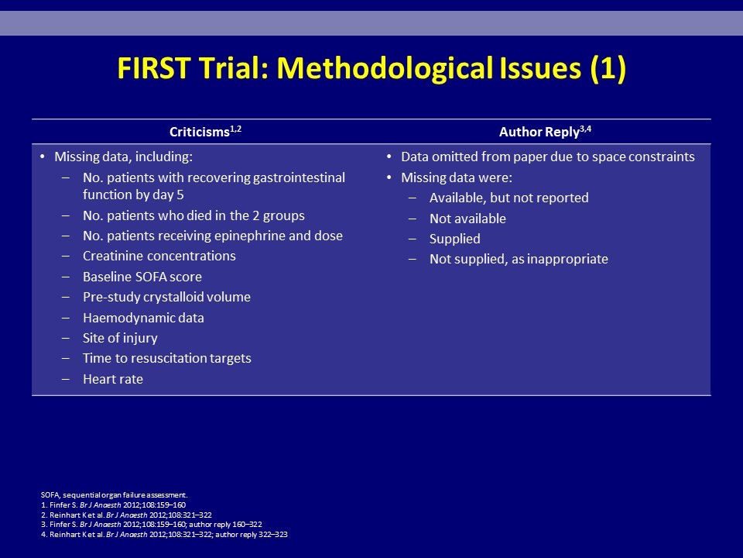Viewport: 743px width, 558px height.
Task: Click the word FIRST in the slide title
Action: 154,68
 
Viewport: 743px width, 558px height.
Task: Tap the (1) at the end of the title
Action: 608,69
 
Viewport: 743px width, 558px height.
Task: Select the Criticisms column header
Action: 205,132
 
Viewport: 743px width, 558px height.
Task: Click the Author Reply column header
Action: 545,132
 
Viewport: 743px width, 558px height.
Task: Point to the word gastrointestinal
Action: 299,178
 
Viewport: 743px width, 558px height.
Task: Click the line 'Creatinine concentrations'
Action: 159,256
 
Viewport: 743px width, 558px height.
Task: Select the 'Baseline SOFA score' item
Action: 142,277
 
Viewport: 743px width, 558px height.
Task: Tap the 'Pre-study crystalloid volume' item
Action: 167,297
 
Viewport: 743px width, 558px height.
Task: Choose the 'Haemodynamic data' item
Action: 143,318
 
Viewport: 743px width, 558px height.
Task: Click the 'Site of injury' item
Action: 120,338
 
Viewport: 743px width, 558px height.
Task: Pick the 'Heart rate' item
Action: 113,379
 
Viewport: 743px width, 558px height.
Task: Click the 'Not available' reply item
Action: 467,219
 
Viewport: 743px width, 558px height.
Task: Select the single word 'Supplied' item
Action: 455,239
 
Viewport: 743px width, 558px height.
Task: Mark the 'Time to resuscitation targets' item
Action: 167,358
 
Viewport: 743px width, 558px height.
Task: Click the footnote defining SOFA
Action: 115,495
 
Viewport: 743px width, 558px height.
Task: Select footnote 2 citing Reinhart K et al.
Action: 126,515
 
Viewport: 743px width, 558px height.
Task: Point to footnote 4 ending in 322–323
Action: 164,534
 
